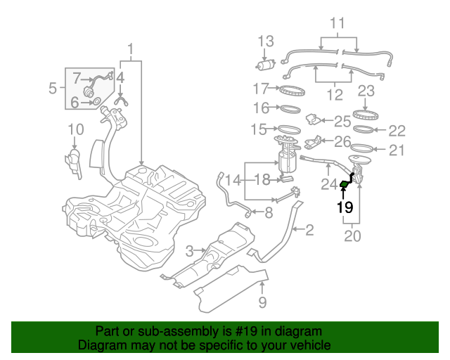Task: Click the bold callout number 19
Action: pyautogui.click(x=345, y=207)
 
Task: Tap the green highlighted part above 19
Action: pyautogui.click(x=345, y=185)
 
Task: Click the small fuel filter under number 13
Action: pyautogui.click(x=265, y=65)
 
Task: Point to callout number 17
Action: pyautogui.click(x=262, y=89)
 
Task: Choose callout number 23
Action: pyautogui.click(x=366, y=91)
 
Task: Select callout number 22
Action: pyautogui.click(x=397, y=130)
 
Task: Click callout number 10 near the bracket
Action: pyautogui.click(x=75, y=129)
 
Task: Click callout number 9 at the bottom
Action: pyautogui.click(x=262, y=304)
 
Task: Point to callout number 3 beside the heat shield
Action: pyautogui.click(x=189, y=251)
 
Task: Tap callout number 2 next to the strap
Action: pyautogui.click(x=309, y=230)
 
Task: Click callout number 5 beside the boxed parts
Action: pyautogui.click(x=53, y=89)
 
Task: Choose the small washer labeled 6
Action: pyautogui.click(x=96, y=103)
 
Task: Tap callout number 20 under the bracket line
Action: pyautogui.click(x=352, y=236)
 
